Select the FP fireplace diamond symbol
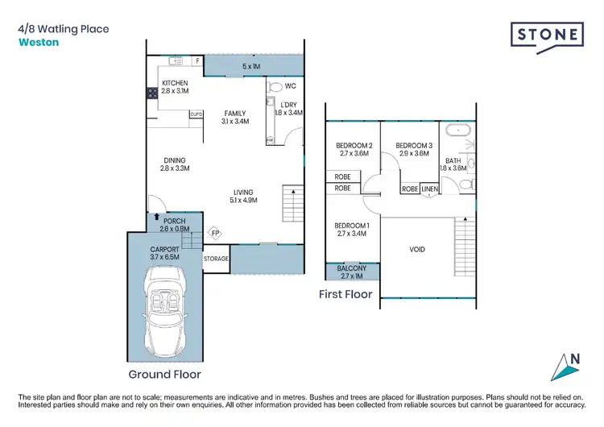(x=215, y=234)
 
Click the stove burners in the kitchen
(x=151, y=93)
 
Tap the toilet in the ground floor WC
(x=275, y=86)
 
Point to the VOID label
(x=417, y=250)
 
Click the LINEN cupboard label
(x=429, y=189)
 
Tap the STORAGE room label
(x=216, y=259)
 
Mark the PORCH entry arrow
(x=156, y=218)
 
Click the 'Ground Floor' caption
(x=164, y=375)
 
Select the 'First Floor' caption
(x=345, y=295)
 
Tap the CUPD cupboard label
(x=196, y=114)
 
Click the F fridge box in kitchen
(x=197, y=60)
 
